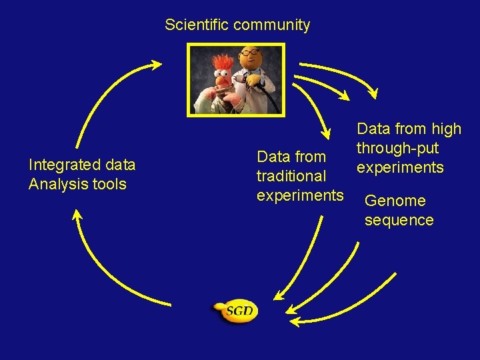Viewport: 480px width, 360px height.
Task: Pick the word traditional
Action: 291,177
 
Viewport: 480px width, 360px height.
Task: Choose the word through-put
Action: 397,148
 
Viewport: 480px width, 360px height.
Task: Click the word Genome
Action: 395,201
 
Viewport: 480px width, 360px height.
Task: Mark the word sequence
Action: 399,220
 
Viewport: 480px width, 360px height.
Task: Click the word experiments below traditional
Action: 300,196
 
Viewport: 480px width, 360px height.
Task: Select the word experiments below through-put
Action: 400,167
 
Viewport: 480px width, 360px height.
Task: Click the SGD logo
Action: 235,311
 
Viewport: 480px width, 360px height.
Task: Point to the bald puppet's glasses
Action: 251,53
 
